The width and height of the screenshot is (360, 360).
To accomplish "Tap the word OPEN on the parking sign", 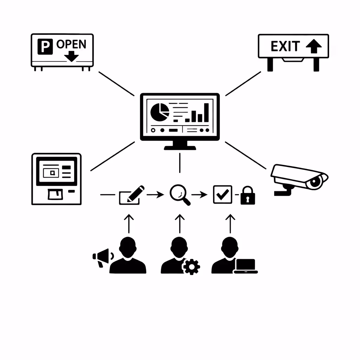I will [x=71, y=44].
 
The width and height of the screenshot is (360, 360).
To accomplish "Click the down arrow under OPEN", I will [x=72, y=56].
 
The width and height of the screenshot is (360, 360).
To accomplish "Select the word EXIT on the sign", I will [x=285, y=46].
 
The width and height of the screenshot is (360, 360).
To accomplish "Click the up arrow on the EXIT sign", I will [x=314, y=46].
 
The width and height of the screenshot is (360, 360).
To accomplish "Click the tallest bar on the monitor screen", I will [x=206, y=112].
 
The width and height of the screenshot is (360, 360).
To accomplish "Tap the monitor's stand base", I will [x=180, y=148].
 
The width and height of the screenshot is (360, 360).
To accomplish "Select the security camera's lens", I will [x=315, y=182].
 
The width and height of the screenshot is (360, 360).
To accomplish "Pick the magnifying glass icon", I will [x=179, y=194].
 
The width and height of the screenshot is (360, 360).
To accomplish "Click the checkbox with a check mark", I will [x=223, y=194].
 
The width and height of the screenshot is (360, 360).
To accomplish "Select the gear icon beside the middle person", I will [x=191, y=266].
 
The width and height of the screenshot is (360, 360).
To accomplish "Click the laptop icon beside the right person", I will [x=246, y=266].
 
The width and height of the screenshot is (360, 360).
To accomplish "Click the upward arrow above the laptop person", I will [x=230, y=224].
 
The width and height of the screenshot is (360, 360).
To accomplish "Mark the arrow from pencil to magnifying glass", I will [x=155, y=194].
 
